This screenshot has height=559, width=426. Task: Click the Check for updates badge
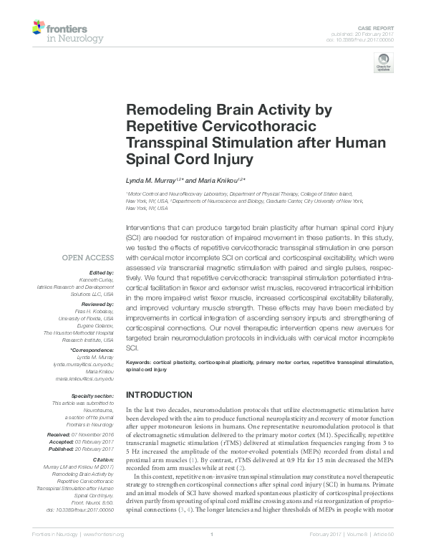click(383, 65)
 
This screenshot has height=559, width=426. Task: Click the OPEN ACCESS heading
click(89, 256)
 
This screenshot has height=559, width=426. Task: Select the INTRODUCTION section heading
click(158, 395)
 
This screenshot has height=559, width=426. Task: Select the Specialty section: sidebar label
click(93, 396)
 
